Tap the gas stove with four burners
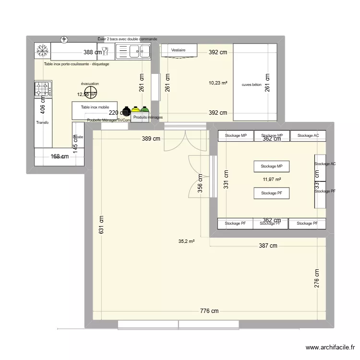[43, 89]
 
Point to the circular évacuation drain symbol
[90, 92]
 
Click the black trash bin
[126, 111]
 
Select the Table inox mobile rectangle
[95, 110]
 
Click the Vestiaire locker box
[178, 50]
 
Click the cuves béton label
[252, 84]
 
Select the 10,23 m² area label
[217, 83]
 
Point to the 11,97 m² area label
[272, 180]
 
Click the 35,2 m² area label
[186, 241]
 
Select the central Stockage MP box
[272, 167]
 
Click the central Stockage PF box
[272, 193]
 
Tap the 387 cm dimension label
[267, 246]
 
